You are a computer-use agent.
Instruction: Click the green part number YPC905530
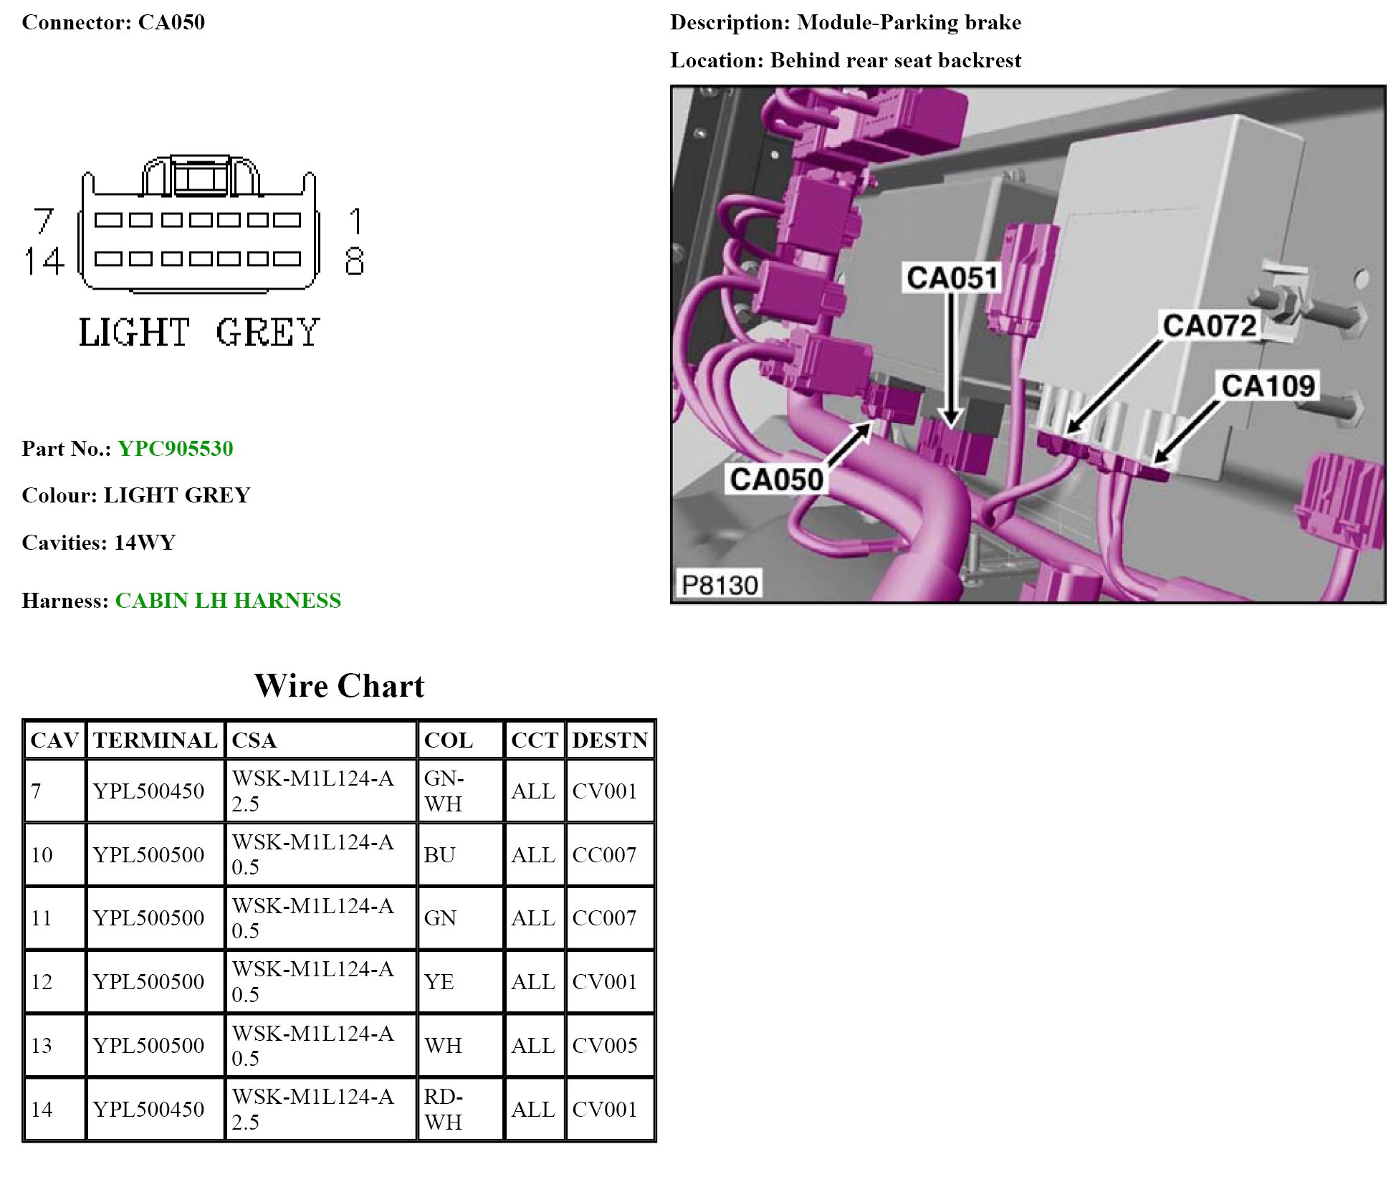(x=175, y=449)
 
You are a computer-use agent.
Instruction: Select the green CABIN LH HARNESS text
(x=228, y=601)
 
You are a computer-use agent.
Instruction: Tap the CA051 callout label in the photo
(x=951, y=277)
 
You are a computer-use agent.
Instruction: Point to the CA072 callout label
(x=1209, y=325)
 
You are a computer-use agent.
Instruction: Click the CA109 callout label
(x=1268, y=386)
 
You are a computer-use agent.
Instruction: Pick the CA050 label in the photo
(x=776, y=479)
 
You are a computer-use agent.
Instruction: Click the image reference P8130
(x=719, y=585)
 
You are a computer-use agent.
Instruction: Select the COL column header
(x=449, y=740)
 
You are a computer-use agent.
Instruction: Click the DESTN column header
(x=610, y=740)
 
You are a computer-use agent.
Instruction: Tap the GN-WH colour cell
(x=444, y=791)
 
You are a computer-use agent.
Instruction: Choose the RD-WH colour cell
(x=444, y=1109)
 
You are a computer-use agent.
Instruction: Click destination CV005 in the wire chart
(x=605, y=1046)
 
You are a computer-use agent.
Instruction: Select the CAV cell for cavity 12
(x=42, y=982)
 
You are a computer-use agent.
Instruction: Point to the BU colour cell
(x=439, y=855)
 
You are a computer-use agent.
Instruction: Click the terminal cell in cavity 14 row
(x=148, y=1110)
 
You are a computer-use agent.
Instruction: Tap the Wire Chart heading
(x=339, y=686)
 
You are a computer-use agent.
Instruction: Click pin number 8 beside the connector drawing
(x=354, y=262)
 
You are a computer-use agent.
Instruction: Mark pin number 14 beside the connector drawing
(x=44, y=262)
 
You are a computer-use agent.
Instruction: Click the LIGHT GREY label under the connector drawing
(x=199, y=333)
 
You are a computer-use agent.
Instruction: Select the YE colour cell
(x=439, y=982)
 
